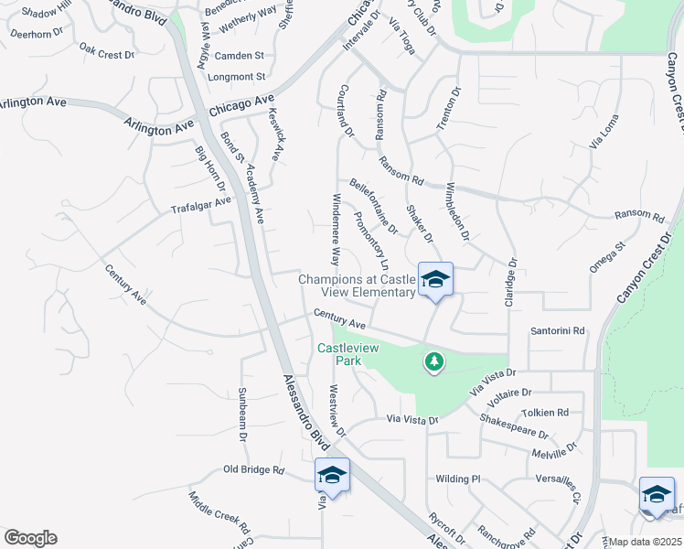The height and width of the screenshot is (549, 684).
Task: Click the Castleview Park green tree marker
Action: coord(433,362)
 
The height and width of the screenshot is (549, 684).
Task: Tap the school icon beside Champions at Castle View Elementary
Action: coord(435,280)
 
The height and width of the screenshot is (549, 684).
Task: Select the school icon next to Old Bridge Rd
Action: coord(332,476)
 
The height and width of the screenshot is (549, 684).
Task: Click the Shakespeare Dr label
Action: coord(514,426)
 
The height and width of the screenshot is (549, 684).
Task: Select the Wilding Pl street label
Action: coord(457,479)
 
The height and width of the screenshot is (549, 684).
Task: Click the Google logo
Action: coord(30,537)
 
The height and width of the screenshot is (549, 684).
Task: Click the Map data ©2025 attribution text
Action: coord(645,542)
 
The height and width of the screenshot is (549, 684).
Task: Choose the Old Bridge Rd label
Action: coord(254,470)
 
